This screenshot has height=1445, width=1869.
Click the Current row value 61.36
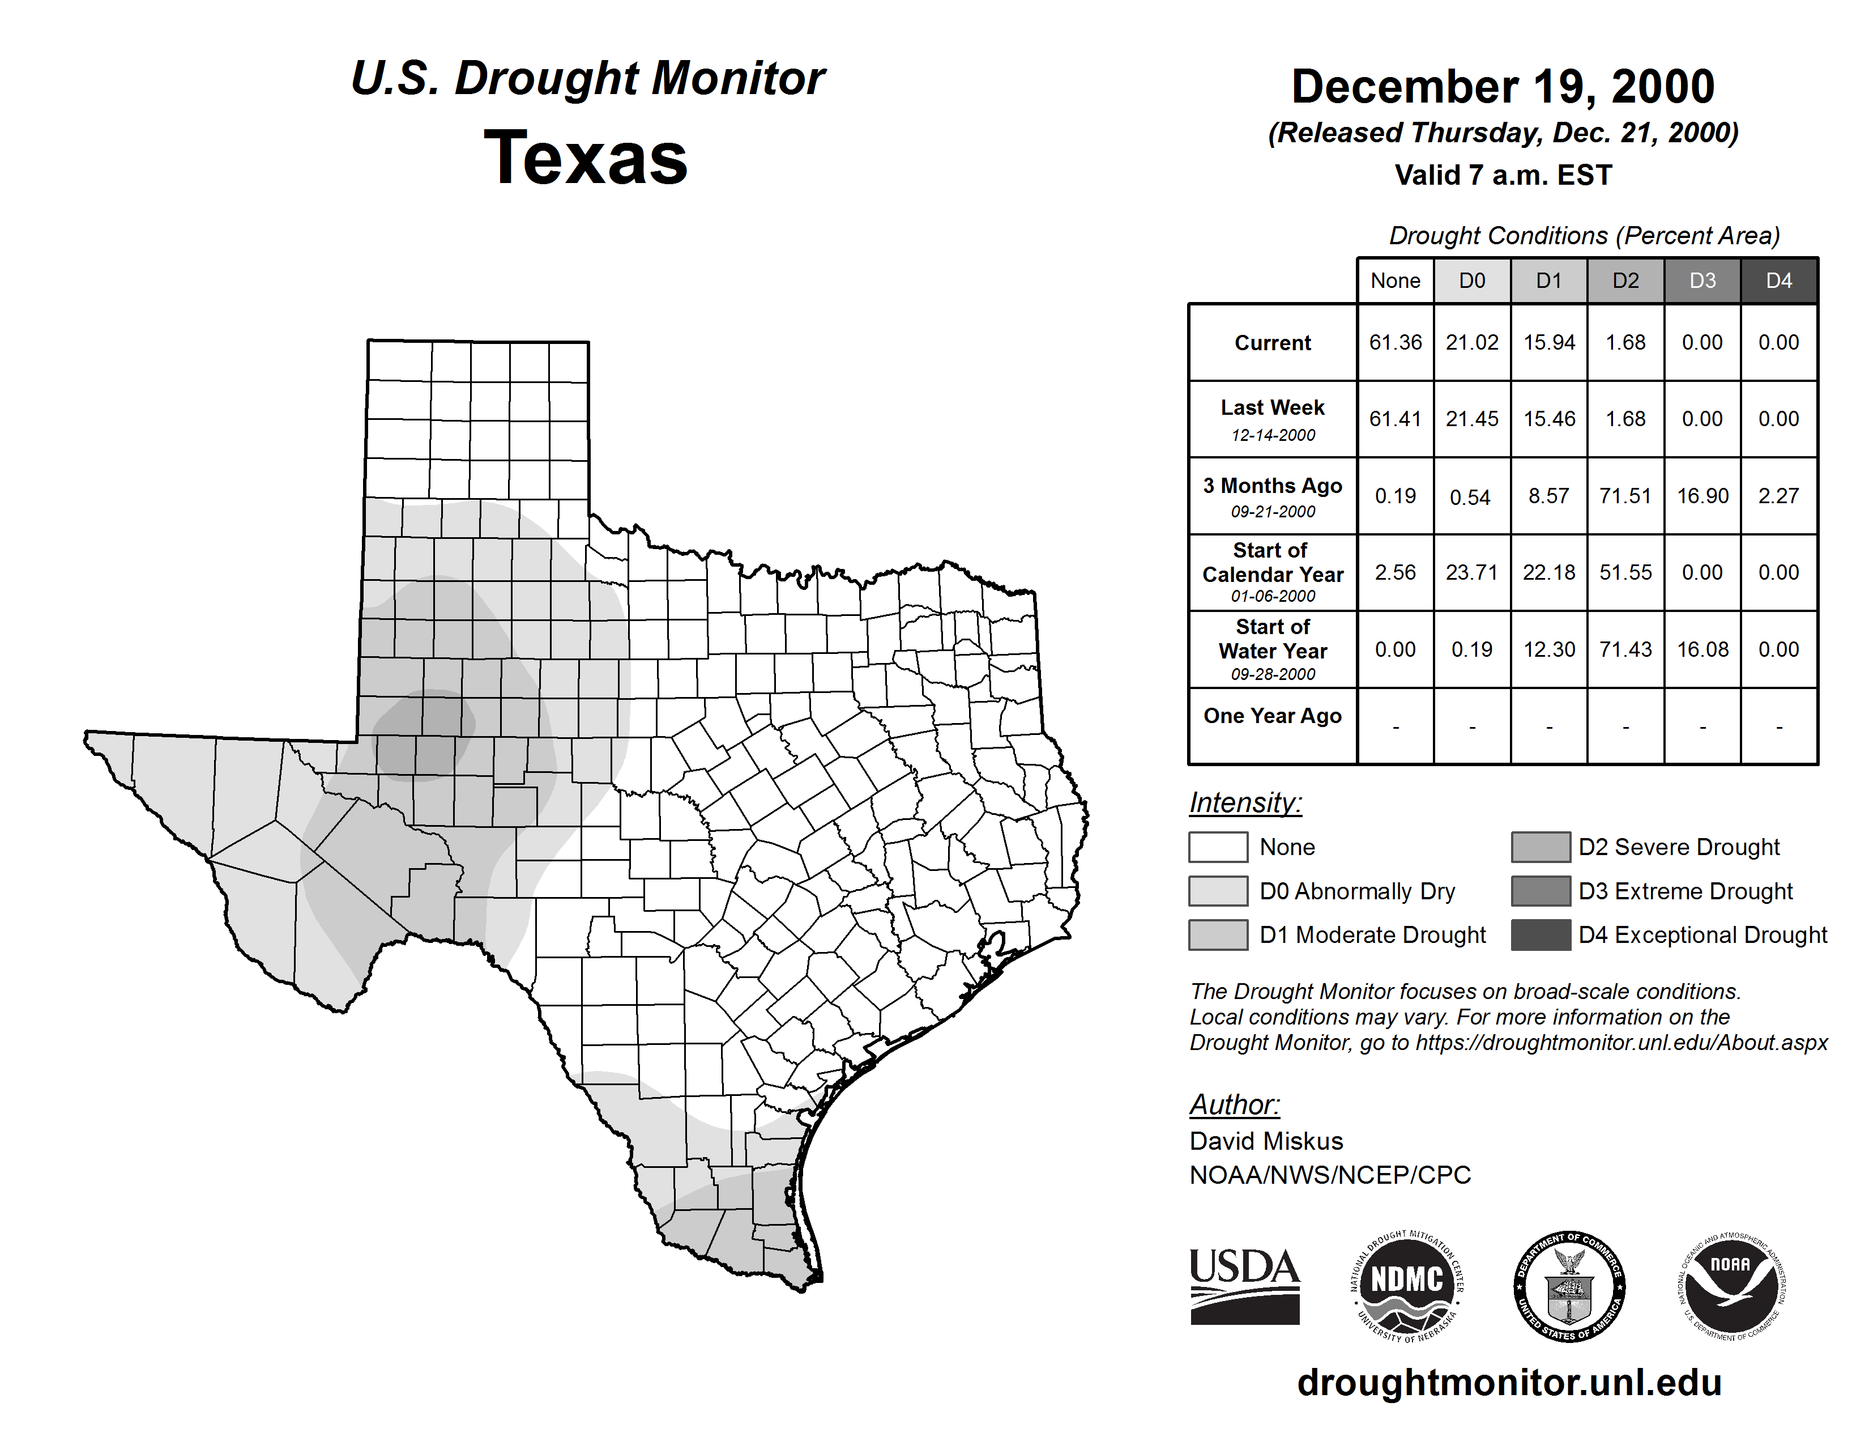click(x=1395, y=342)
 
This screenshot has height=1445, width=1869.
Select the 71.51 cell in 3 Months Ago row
click(x=1625, y=496)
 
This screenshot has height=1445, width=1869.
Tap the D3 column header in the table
click(x=1702, y=280)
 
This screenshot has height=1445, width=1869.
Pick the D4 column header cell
click(x=1778, y=280)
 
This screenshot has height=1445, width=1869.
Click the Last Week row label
click(x=1273, y=419)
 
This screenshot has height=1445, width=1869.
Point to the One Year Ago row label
click(x=1273, y=716)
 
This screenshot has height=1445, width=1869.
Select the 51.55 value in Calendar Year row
click(x=1625, y=572)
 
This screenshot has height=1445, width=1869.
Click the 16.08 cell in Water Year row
click(x=1702, y=649)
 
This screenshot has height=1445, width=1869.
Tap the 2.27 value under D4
click(x=1778, y=496)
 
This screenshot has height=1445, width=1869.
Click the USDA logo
click(x=1244, y=1286)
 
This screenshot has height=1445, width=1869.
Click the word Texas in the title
click(x=586, y=158)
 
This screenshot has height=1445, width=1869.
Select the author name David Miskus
click(x=1266, y=1141)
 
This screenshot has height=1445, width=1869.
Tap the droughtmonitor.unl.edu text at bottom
click(x=1509, y=1383)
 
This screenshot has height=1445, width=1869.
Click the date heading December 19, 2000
click(x=1503, y=87)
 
